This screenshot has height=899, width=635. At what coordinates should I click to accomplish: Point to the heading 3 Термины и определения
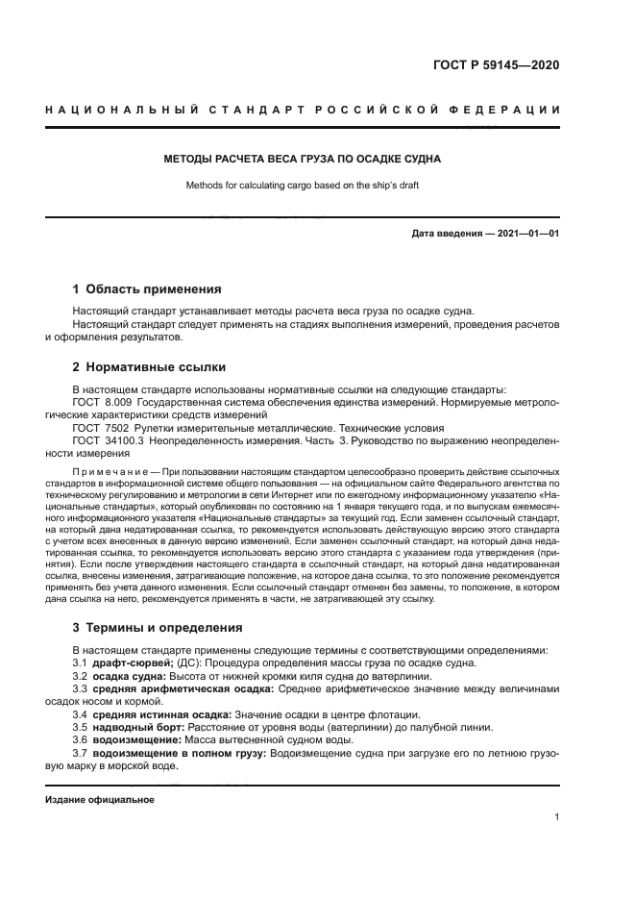click(159, 628)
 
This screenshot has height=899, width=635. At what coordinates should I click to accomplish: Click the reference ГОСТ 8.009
click(101, 401)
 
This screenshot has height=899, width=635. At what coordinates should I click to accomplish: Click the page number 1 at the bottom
click(557, 817)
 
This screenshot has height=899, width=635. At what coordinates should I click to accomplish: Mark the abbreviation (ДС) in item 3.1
click(189, 664)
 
